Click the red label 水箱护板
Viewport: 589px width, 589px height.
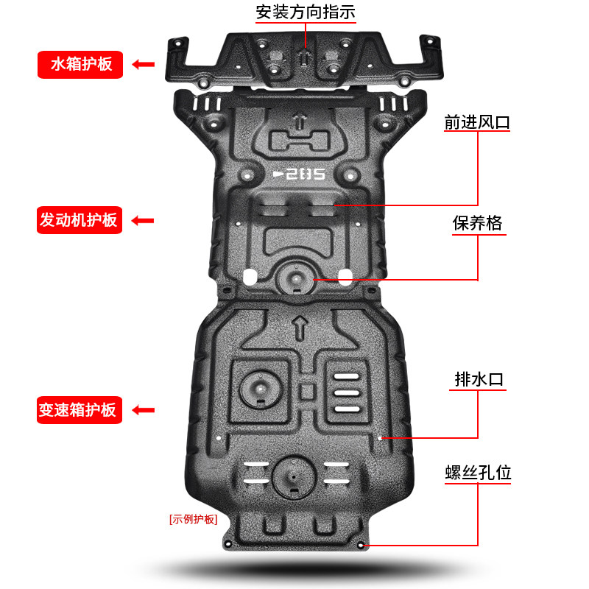pyautogui.click(x=81, y=64)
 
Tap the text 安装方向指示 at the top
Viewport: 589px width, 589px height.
pyautogui.click(x=306, y=13)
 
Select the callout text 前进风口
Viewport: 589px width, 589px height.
pyautogui.click(x=477, y=122)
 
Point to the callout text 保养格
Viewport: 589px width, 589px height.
pyautogui.click(x=477, y=223)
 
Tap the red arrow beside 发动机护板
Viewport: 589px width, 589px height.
pyautogui.click(x=143, y=219)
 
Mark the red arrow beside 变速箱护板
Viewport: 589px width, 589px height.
pyautogui.click(x=143, y=409)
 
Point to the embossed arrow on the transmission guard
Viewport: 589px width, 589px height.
pyautogui.click(x=300, y=326)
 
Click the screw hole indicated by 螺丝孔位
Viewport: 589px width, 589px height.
pyautogui.click(x=360, y=546)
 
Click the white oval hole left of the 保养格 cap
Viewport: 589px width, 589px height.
pyautogui.click(x=248, y=277)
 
